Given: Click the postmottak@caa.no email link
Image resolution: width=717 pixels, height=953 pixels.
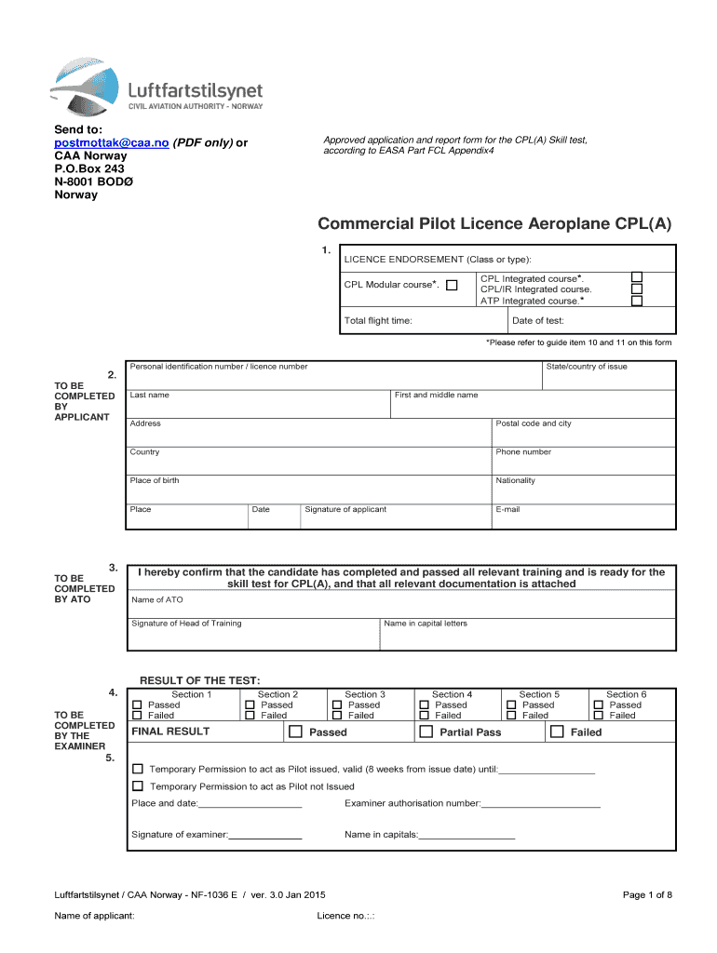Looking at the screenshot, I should (111, 142).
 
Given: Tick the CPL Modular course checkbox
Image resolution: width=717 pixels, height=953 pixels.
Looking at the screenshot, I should (452, 285).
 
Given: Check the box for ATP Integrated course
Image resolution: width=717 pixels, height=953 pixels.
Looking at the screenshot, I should (637, 301).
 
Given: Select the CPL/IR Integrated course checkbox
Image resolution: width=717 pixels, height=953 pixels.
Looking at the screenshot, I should (637, 289).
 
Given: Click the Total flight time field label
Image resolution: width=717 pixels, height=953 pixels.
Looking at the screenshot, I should (378, 321).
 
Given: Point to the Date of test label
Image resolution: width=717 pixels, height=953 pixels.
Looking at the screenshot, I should (538, 321).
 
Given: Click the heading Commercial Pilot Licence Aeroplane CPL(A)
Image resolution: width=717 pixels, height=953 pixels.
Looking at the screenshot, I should (494, 224).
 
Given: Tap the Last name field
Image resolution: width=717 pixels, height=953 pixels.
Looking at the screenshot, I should (259, 407).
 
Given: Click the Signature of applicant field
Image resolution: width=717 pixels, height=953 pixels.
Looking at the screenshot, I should (396, 521).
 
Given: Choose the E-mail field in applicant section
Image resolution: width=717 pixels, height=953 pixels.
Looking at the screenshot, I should (584, 521).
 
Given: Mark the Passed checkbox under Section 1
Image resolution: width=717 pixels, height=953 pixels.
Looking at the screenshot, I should (138, 705).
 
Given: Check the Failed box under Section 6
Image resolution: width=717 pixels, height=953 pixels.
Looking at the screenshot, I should (599, 716).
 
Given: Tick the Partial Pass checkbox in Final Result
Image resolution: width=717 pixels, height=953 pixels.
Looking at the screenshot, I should (426, 732).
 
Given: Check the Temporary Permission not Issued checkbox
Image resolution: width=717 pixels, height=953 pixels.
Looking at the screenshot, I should (138, 786).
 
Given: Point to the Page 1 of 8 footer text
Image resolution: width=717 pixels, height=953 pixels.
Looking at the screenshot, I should (646, 895).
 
